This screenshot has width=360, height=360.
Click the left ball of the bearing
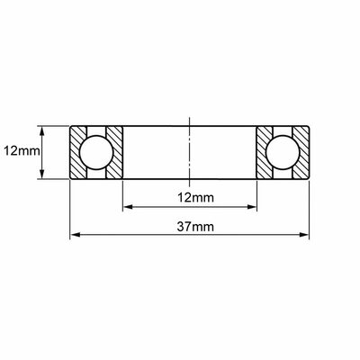96,152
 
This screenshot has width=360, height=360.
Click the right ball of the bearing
283,152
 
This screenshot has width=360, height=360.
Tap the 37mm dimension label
195,227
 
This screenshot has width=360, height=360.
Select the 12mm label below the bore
195,198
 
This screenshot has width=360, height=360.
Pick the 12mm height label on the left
22,151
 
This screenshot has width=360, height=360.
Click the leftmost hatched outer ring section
78,152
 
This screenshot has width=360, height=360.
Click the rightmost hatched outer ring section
301,152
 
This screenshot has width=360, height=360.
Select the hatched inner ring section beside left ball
115,152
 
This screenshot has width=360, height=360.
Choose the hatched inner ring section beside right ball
264,152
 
